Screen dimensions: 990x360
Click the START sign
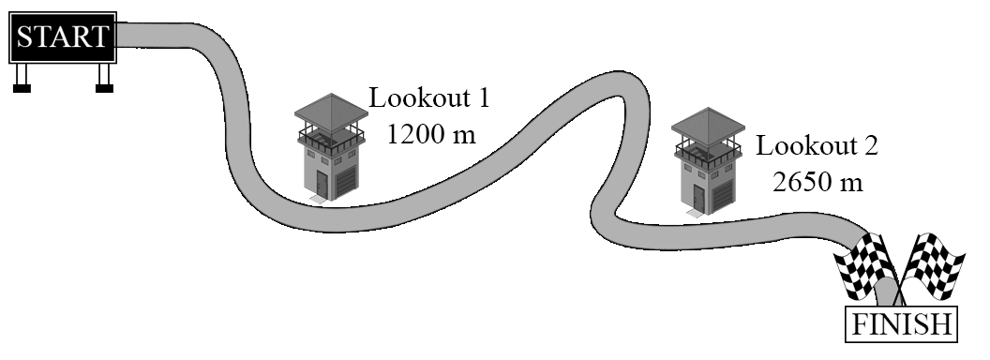(x=63, y=37)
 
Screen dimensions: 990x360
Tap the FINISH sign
(x=902, y=324)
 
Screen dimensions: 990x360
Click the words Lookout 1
(x=428, y=98)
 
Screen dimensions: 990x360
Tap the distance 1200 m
(x=430, y=134)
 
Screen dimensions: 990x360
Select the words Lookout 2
(x=817, y=146)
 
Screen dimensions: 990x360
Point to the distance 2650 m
(x=817, y=182)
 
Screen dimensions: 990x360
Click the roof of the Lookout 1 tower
(x=331, y=112)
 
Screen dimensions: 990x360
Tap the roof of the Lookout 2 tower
(x=709, y=125)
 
